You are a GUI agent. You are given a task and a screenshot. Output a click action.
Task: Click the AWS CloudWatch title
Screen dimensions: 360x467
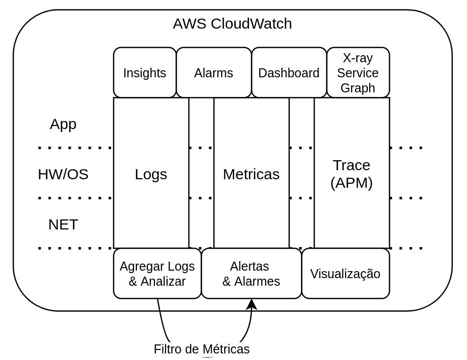point(232,24)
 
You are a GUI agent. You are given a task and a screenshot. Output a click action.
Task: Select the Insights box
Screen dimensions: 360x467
point(144,73)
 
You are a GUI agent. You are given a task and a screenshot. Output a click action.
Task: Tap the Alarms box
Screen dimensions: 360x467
point(214,73)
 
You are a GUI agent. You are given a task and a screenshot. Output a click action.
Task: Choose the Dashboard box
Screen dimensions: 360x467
point(289,73)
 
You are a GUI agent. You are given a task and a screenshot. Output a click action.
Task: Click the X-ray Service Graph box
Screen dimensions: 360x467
point(358,73)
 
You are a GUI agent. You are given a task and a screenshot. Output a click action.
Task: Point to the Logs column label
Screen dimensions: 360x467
point(151,174)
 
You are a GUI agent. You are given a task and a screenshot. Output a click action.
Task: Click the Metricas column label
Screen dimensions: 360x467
point(251,174)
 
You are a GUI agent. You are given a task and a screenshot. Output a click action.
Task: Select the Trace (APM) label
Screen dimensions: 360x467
point(352,174)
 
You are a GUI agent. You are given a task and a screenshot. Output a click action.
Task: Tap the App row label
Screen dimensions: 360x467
point(63,124)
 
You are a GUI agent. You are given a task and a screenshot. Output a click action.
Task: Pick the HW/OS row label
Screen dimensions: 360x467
point(63,174)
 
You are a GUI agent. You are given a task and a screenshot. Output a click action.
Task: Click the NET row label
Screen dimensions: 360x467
point(63,224)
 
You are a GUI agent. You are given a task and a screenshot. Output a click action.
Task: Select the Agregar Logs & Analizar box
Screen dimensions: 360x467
point(157,274)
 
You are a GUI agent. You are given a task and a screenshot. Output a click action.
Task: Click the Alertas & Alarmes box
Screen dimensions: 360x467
point(251,274)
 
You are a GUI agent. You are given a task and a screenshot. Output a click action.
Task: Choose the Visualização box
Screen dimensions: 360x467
point(345,274)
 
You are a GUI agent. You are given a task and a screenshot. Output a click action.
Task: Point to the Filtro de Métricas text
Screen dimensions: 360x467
point(202,349)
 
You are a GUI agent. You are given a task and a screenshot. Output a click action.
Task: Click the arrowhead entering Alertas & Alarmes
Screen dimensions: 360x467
point(252,304)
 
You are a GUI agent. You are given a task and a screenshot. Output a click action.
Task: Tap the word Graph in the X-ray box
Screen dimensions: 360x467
point(358,88)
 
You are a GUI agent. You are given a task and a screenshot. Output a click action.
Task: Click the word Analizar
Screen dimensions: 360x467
point(163,281)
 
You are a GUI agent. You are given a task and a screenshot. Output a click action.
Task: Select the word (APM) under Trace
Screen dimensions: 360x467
point(352,183)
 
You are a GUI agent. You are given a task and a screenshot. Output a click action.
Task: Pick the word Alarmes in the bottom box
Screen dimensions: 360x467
point(257,281)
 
